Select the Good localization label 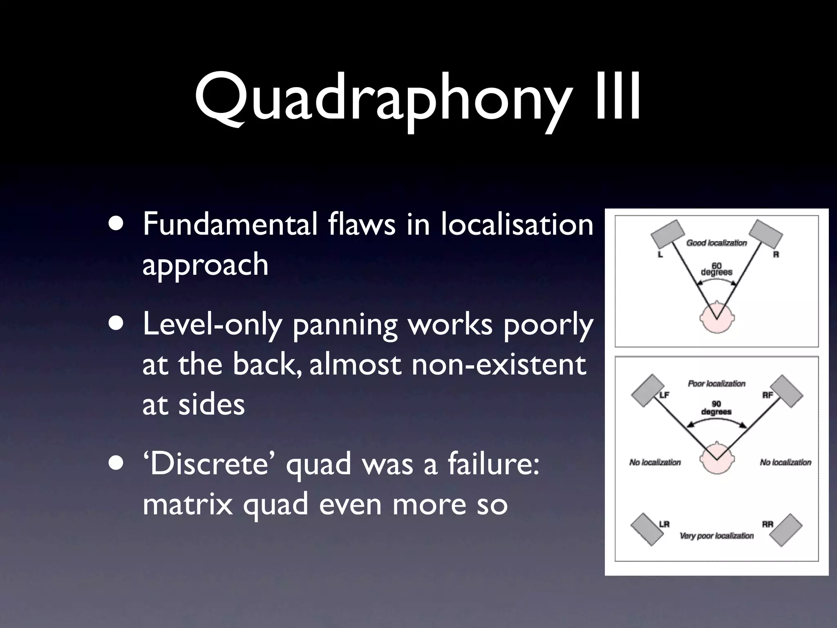click(x=716, y=243)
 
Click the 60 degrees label click(x=716, y=269)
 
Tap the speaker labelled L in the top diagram click(x=667, y=234)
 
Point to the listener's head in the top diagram click(x=716, y=317)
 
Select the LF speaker click(x=648, y=390)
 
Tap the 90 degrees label click(x=716, y=408)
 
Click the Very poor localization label click(x=716, y=536)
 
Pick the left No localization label click(x=655, y=462)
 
